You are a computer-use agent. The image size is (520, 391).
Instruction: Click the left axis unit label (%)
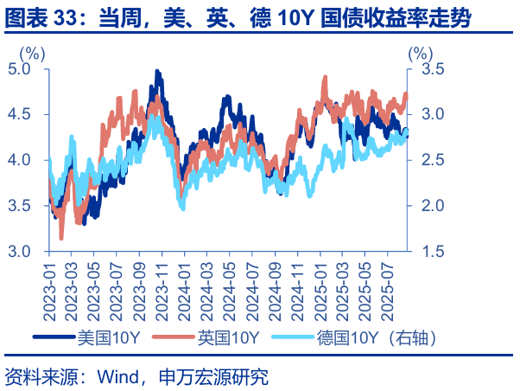(x=32, y=51)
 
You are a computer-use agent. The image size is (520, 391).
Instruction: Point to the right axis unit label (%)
(x=419, y=51)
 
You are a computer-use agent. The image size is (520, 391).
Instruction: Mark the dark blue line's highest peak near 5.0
(x=156, y=71)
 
